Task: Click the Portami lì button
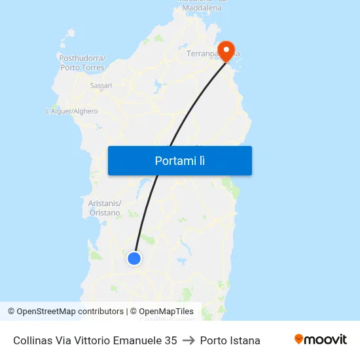[179, 160]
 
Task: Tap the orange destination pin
[226, 51]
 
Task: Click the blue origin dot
[134, 259]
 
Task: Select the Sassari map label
[101, 85]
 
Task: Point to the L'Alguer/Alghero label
[72, 111]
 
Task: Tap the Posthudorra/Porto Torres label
[82, 63]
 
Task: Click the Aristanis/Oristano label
[105, 208]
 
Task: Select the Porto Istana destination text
[230, 340]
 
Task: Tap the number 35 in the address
[170, 340]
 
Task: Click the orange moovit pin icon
[299, 339]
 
